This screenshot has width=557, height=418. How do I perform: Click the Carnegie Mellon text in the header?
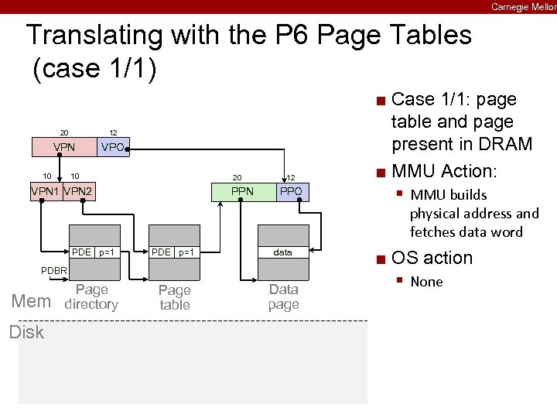tap(523, 6)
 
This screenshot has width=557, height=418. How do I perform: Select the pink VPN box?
tap(63, 146)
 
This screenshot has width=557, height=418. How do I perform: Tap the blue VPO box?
tap(112, 146)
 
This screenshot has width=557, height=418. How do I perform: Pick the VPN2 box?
tap(78, 191)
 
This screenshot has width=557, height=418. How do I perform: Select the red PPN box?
tap(244, 191)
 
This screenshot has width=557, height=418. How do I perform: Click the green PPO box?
tap(292, 191)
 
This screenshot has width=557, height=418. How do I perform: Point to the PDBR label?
tap(53, 270)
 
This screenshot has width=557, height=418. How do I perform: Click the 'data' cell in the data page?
tap(283, 252)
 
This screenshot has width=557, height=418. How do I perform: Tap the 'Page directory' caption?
tap(91, 297)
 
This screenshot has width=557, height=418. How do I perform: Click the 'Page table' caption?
tap(174, 297)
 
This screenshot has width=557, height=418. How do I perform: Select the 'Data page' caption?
tap(283, 296)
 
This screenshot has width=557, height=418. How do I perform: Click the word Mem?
tap(31, 301)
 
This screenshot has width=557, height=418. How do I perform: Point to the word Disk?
tap(26, 332)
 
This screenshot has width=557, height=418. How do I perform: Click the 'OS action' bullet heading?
tap(432, 258)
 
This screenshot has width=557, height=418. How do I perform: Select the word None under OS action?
tap(426, 282)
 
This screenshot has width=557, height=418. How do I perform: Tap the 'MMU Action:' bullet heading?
tap(443, 170)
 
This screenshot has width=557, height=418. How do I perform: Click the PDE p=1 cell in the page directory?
tap(94, 252)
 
